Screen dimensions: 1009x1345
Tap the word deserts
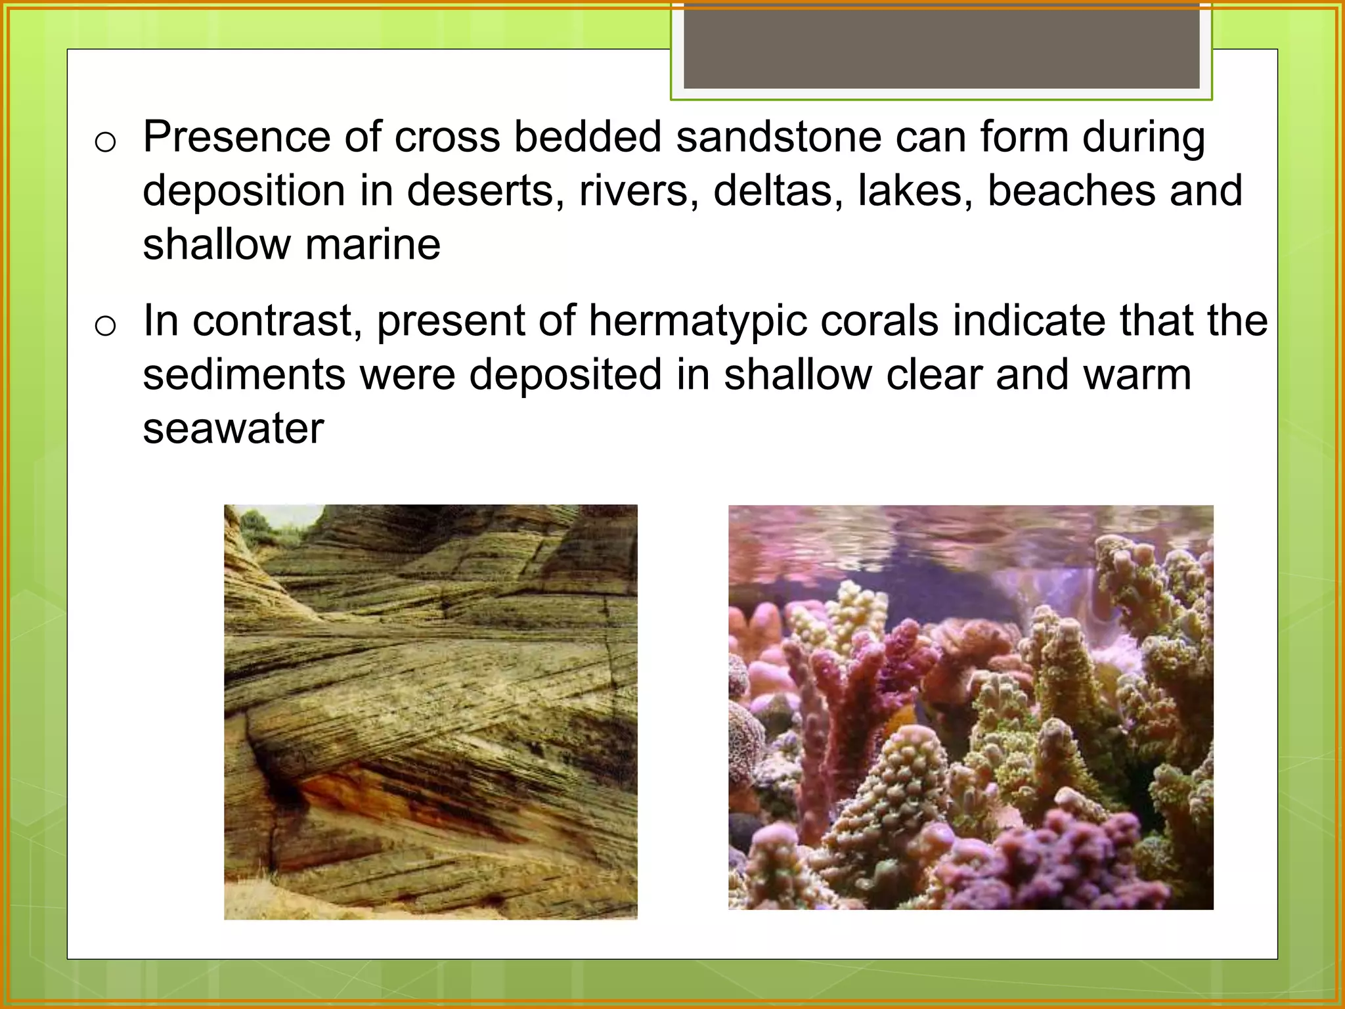pyautogui.click(x=485, y=191)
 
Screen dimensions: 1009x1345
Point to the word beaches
pyautogui.click(x=1071, y=191)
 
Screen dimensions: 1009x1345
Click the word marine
pyautogui.click(x=372, y=244)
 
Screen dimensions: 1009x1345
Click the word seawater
pyautogui.click(x=233, y=428)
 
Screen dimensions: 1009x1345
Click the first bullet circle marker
pyautogui.click(x=105, y=141)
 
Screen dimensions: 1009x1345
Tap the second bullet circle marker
pyautogui.click(x=105, y=325)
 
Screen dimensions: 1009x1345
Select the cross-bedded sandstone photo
pyautogui.click(x=430, y=711)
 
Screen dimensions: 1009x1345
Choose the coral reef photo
pyautogui.click(x=970, y=707)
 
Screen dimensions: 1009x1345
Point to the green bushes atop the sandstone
pyautogui.click(x=256, y=526)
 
